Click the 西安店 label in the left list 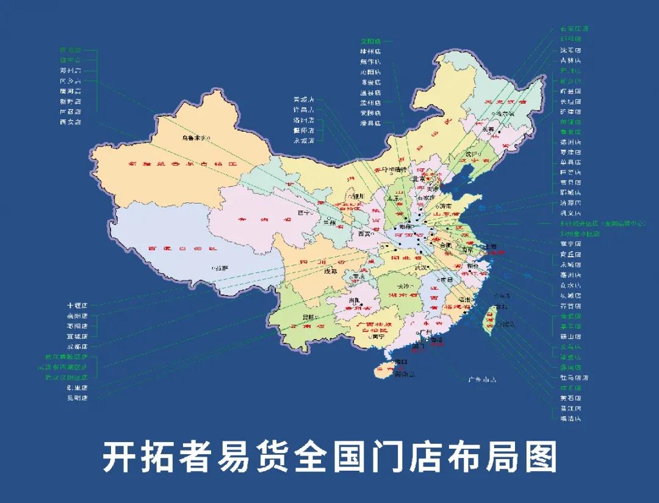coord(70,122)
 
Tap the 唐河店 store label coord(70,91)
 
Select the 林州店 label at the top coord(370,52)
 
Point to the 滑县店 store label coord(370,123)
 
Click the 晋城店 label coord(303,99)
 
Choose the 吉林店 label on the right coord(571,60)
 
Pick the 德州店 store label coord(571,142)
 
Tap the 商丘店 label coord(571,254)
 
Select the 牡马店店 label coord(574,378)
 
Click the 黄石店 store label coord(571,398)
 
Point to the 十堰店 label coord(77,305)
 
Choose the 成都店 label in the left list coord(77,346)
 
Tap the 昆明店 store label coord(77,398)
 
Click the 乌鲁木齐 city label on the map coord(195,138)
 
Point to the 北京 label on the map coord(419,179)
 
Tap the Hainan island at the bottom coord(386,368)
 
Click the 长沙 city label coord(403,286)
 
